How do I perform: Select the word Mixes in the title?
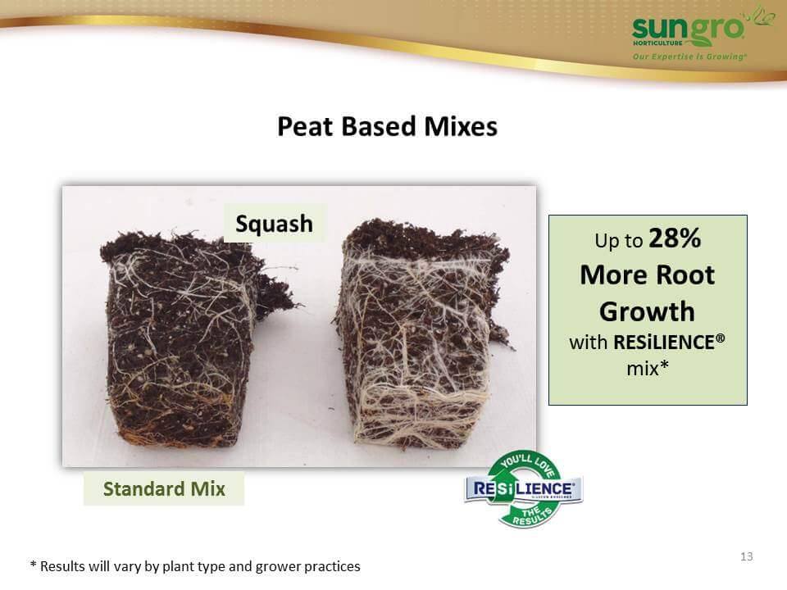click(461, 126)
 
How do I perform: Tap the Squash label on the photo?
click(274, 224)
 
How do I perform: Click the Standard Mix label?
click(164, 488)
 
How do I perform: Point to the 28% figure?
click(675, 238)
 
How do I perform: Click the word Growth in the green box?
click(647, 311)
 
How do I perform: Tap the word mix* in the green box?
click(648, 369)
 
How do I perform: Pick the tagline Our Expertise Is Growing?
click(689, 57)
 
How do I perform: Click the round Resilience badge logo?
click(524, 489)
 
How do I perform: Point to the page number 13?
click(746, 556)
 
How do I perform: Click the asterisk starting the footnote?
click(33, 565)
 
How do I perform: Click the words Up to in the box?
click(618, 241)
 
